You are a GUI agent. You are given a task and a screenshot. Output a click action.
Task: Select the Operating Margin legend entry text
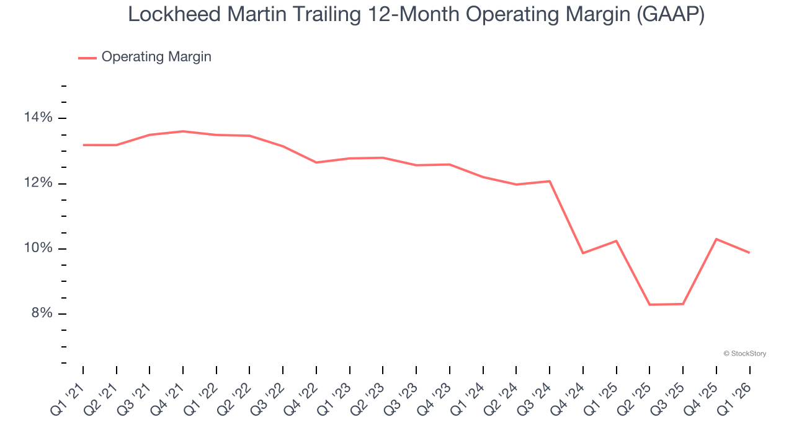(x=156, y=57)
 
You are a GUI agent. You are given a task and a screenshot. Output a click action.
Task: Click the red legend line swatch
(x=87, y=58)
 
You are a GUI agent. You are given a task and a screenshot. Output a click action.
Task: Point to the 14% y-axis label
(x=39, y=118)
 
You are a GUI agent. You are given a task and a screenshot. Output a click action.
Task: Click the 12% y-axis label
(x=39, y=183)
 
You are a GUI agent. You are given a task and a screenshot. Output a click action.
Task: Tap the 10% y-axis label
(x=39, y=248)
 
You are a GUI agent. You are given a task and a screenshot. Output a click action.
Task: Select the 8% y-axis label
(x=42, y=313)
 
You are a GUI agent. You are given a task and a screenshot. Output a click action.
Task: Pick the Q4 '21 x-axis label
(x=169, y=391)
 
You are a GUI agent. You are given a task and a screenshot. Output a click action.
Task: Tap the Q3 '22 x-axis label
(x=269, y=391)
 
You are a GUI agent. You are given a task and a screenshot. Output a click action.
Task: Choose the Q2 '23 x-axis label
(x=369, y=391)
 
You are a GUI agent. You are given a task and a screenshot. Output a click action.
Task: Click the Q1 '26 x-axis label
(x=736, y=391)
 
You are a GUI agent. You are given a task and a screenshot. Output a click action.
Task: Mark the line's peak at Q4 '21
(x=183, y=131)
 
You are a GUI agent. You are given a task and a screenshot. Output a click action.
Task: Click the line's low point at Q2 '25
(x=649, y=305)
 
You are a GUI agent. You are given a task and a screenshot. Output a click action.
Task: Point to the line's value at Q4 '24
(x=583, y=253)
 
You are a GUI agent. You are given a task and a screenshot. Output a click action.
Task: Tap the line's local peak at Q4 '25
(x=716, y=239)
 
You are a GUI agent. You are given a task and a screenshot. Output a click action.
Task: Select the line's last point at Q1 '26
(x=749, y=253)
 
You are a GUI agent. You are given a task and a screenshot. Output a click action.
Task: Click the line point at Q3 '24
(x=550, y=181)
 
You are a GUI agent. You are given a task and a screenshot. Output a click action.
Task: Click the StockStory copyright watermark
(x=744, y=354)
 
